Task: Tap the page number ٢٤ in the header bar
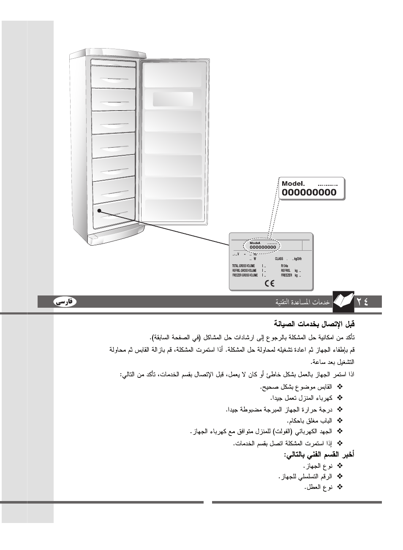tap(362, 301)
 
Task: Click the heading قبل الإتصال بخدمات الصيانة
tap(314, 324)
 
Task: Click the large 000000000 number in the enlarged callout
tap(309, 193)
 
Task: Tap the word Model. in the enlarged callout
tap(293, 184)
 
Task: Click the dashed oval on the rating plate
tap(262, 245)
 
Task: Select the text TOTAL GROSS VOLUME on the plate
tap(243, 266)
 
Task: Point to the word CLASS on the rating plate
tap(279, 259)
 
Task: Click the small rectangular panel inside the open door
tap(173, 99)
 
